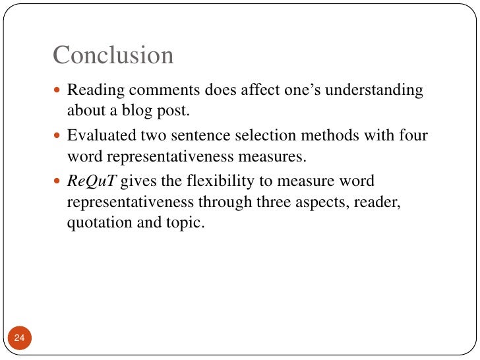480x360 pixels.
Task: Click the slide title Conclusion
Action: tap(113, 55)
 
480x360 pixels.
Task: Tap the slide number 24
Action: tap(19, 338)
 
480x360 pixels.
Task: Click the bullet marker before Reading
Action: tap(58, 90)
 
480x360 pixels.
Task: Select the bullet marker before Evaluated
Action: tap(58, 136)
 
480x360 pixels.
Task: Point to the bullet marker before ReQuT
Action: tap(58, 182)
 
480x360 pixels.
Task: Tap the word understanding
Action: tap(375, 90)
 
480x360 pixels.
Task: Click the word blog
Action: tap(133, 110)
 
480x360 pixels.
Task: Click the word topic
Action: tap(187, 222)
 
